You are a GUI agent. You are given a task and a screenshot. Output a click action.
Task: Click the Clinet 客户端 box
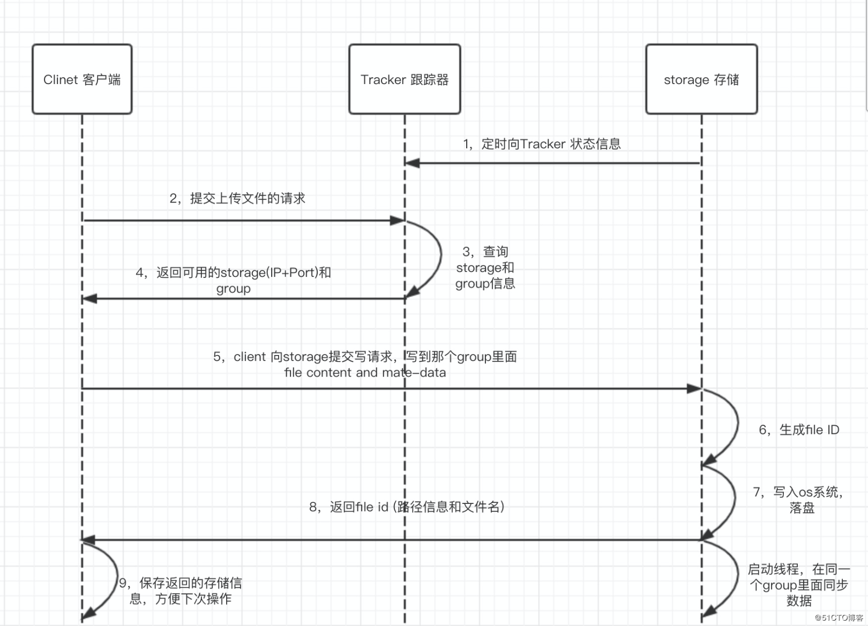pyautogui.click(x=82, y=79)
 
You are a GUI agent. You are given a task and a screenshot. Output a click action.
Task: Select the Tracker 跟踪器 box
pyautogui.click(x=405, y=79)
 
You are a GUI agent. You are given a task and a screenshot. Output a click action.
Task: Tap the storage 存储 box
pyautogui.click(x=701, y=79)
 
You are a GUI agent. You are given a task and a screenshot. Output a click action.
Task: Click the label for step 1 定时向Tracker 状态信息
pyautogui.click(x=542, y=144)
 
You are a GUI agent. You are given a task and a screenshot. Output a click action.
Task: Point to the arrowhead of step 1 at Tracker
pyautogui.click(x=411, y=163)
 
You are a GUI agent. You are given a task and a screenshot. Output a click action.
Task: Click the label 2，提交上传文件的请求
pyautogui.click(x=237, y=199)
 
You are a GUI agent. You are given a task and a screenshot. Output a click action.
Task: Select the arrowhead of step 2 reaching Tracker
pyautogui.click(x=397, y=220)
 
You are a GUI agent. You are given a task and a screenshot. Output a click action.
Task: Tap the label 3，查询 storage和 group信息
pyautogui.click(x=485, y=268)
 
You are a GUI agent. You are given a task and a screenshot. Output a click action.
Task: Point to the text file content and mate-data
pyautogui.click(x=365, y=373)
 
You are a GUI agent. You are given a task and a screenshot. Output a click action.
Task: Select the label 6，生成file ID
pyautogui.click(x=798, y=430)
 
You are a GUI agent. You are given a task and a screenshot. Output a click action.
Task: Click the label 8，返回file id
pyautogui.click(x=406, y=507)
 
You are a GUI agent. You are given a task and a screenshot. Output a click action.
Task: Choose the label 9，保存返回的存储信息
pyautogui.click(x=181, y=591)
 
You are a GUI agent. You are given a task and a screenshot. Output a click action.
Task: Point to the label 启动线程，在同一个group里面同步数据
pyautogui.click(x=798, y=585)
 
